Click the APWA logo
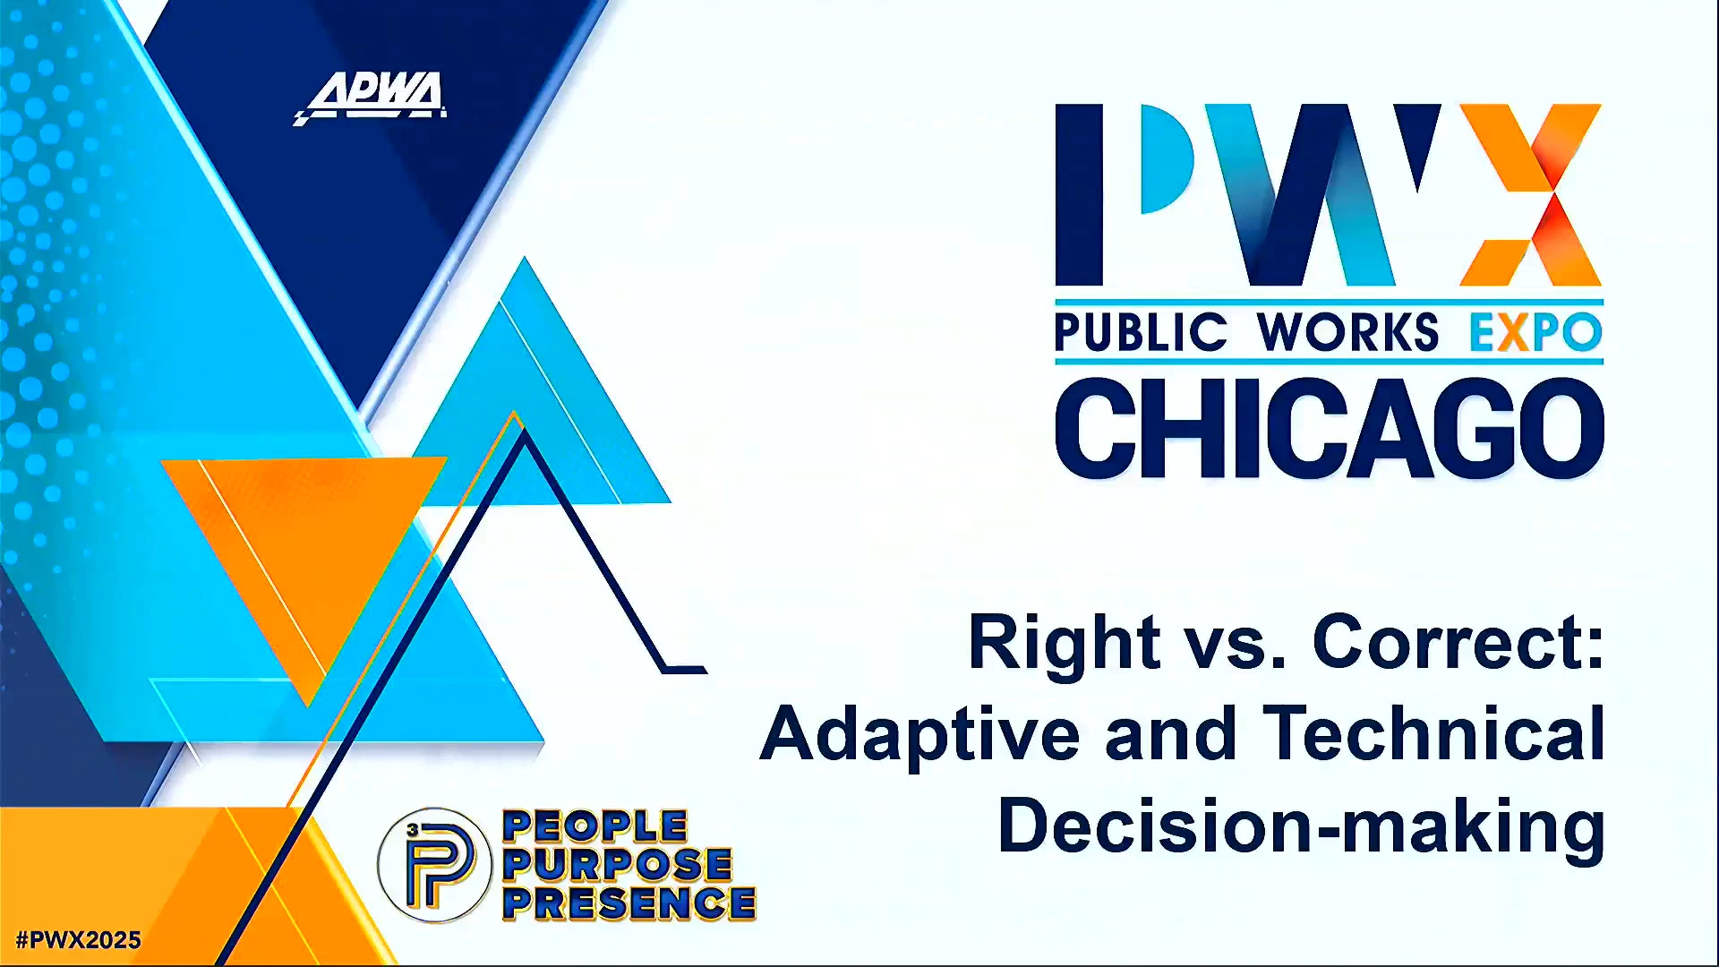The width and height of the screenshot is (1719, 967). pos(370,98)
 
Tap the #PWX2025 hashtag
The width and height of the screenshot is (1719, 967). pos(79,940)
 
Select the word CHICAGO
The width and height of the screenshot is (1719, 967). pos(1330,428)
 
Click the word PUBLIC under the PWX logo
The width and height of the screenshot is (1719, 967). pos(1141,332)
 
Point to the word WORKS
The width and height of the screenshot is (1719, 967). pos(1347,332)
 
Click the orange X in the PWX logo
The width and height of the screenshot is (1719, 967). pos(1531,195)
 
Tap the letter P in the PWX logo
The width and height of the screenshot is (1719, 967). pos(1125,195)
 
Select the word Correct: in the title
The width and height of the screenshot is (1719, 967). pos(1458,642)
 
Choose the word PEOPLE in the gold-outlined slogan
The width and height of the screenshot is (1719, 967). pos(595,826)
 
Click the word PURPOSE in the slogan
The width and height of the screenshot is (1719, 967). pos(618,865)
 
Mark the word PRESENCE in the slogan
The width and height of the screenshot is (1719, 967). pos(629,903)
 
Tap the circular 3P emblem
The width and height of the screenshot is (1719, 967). pos(435,866)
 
